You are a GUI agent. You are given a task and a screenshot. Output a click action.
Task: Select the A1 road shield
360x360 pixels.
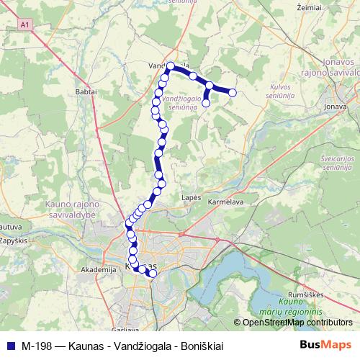(27, 25)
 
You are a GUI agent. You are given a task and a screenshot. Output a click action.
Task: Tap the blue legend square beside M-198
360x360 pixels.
(9, 346)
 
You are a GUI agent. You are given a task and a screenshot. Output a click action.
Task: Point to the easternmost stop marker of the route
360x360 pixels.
(233, 91)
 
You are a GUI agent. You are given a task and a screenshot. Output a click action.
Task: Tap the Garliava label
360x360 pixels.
(125, 328)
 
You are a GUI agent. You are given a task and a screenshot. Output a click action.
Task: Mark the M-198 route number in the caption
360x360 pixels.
(37, 346)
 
